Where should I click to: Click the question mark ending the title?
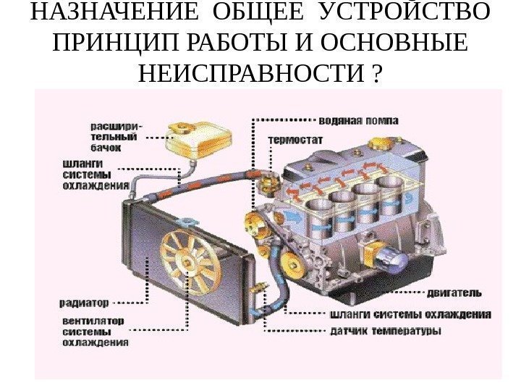(378, 73)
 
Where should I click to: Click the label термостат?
(296, 140)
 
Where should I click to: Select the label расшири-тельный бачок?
(117, 135)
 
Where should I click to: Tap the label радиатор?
(85, 301)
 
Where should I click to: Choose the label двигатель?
(454, 293)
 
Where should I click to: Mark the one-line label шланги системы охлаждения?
(410, 315)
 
